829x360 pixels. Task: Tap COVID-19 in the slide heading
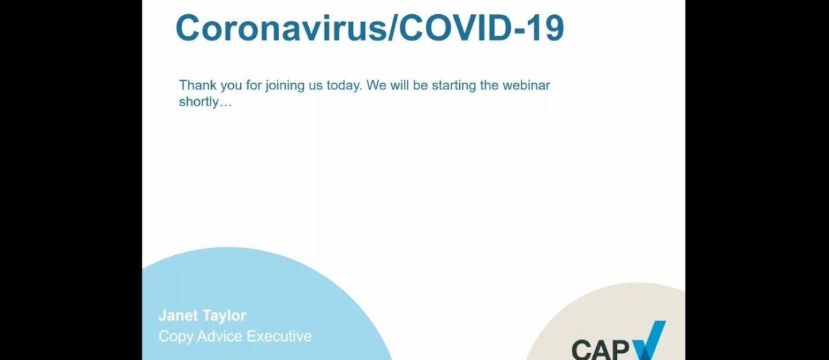[479, 29]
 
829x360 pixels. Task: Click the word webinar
[526, 86]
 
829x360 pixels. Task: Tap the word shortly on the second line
[199, 102]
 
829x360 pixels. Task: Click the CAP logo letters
[599, 349]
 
